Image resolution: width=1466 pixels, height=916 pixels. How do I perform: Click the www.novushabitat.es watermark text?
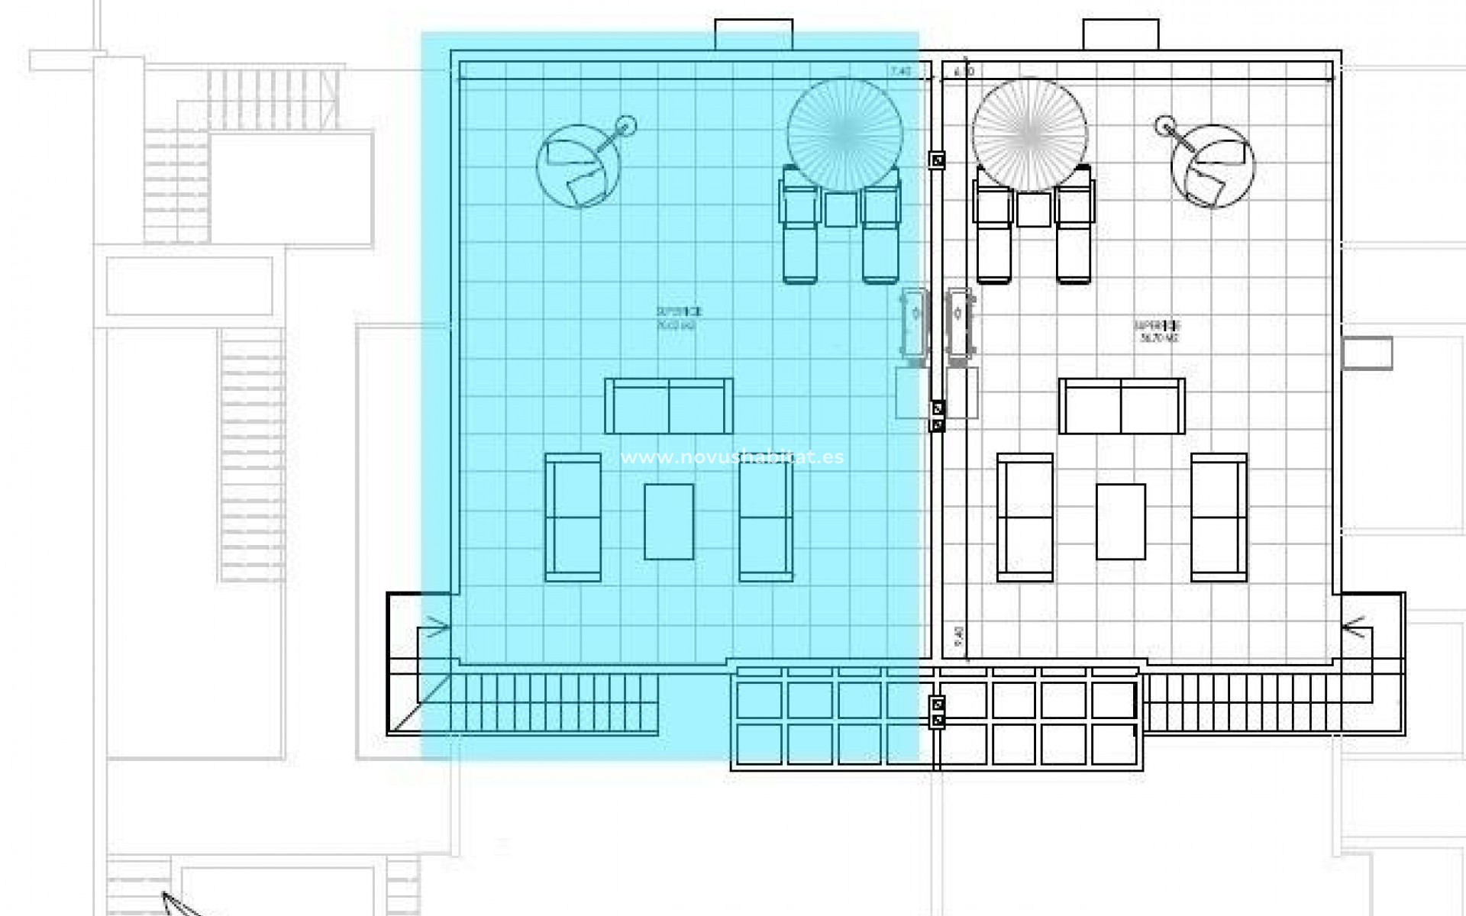click(x=731, y=457)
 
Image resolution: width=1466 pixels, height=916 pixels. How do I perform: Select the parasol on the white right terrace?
click(x=1029, y=134)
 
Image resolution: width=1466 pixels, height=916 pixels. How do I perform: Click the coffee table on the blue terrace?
click(x=669, y=521)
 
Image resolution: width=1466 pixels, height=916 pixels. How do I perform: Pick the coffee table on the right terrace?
click(x=1120, y=521)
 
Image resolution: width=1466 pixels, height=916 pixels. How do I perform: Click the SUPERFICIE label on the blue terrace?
click(x=678, y=311)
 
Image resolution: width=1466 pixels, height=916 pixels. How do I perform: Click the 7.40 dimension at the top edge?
click(x=900, y=71)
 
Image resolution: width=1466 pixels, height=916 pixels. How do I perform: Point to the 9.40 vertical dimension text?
click(x=958, y=634)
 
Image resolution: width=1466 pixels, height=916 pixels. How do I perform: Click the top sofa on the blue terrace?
click(x=669, y=406)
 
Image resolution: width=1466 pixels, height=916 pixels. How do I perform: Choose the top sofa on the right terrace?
click(x=1121, y=406)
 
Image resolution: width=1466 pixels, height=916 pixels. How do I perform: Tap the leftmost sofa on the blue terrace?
click(x=573, y=518)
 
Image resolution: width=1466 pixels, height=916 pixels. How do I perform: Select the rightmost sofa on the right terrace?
click(x=1219, y=518)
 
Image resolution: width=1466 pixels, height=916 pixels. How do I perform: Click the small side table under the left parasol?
click(x=841, y=208)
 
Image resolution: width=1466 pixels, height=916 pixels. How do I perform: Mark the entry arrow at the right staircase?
click(x=1354, y=628)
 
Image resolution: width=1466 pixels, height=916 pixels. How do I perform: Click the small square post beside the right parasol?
click(x=937, y=160)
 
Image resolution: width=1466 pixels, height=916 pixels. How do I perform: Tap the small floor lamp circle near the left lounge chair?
click(x=625, y=124)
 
